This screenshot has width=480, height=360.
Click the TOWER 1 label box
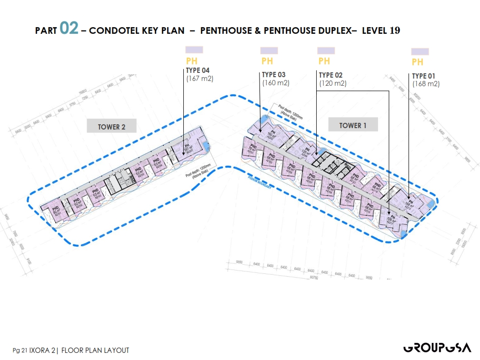[353, 125]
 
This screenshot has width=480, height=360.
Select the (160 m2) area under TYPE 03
[276, 82]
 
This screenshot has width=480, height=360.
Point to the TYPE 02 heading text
[332, 75]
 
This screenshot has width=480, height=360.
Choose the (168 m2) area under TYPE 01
[426, 84]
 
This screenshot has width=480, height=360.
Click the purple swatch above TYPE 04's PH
[194, 50]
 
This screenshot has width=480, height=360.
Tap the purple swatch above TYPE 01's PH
[420, 51]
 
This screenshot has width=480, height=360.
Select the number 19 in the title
[395, 30]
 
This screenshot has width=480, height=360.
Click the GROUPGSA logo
[437, 348]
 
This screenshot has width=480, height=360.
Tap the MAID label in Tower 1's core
[349, 167]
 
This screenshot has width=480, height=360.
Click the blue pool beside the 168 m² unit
[430, 203]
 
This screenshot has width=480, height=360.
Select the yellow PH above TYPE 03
[267, 61]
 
